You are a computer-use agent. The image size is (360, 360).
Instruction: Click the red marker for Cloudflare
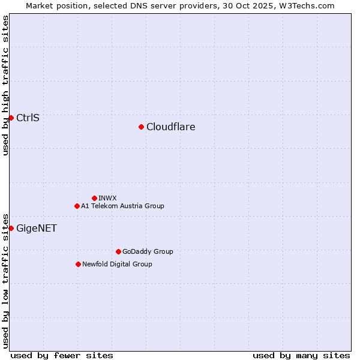point(141,127)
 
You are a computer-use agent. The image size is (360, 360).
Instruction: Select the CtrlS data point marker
point(11,118)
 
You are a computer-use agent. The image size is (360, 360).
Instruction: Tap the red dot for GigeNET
point(11,228)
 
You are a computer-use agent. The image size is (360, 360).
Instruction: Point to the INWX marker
point(94,198)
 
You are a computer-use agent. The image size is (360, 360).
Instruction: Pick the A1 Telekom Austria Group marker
point(77,206)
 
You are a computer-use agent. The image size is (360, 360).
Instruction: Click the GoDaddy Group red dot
point(118,251)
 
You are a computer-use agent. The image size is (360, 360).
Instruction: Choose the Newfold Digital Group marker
point(78,264)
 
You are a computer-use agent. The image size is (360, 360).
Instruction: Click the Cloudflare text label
point(171,127)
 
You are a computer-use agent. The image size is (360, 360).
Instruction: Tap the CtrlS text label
point(28,118)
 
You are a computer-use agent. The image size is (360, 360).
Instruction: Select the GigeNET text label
point(37,228)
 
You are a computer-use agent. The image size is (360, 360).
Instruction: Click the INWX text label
point(107,198)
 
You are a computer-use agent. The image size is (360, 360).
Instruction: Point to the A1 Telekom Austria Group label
point(122,206)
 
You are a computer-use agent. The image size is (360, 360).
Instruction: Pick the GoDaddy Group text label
point(148,251)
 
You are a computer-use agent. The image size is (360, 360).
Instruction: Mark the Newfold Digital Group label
point(117,264)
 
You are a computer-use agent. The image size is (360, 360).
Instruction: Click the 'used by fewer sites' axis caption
point(62,355)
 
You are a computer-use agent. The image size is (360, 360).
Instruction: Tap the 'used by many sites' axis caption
point(301,355)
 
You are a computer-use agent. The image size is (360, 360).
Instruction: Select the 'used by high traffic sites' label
point(5,85)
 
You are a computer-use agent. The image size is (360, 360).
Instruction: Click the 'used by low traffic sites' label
point(5,280)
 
